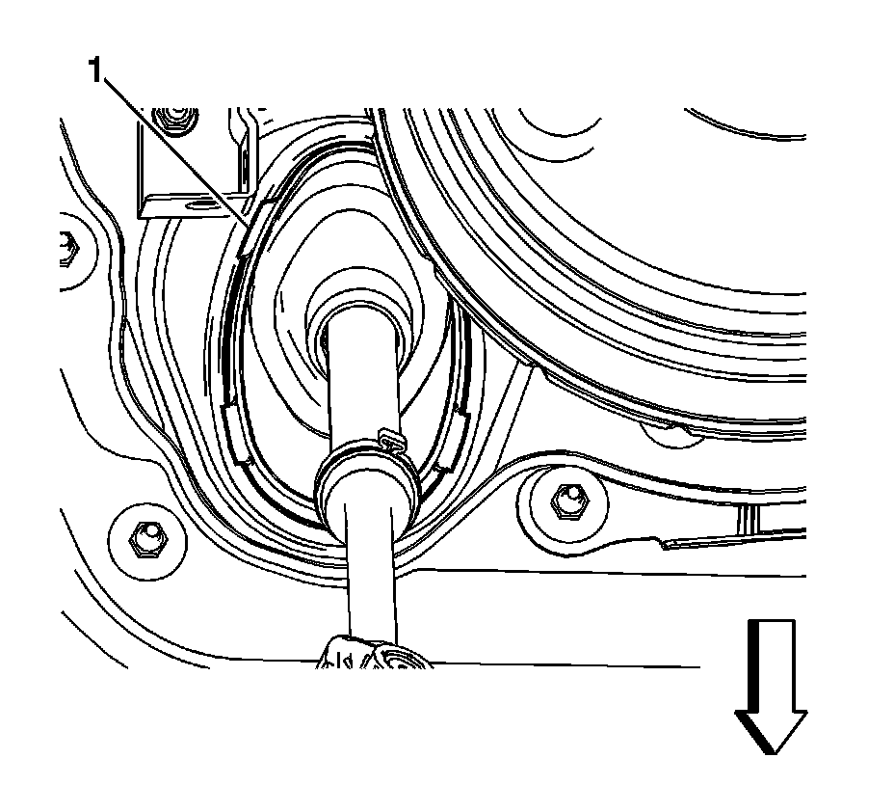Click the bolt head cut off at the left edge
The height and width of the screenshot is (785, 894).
68,248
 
